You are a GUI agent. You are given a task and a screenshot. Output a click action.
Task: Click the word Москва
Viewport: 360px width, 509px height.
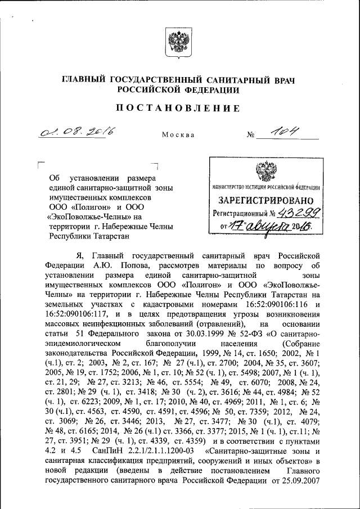point(178,136)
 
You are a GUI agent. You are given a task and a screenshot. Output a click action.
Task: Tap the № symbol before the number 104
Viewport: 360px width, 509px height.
point(251,136)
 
